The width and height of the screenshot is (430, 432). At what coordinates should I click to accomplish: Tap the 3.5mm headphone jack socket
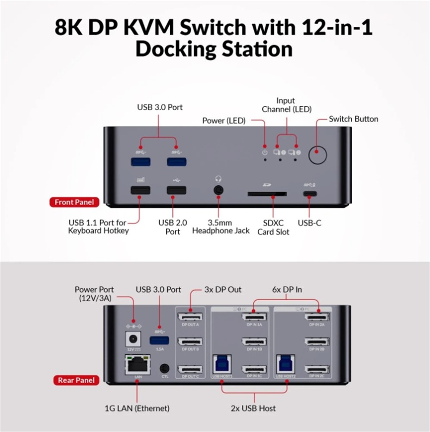pos(218,191)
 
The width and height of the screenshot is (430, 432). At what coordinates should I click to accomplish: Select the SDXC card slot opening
pos(267,194)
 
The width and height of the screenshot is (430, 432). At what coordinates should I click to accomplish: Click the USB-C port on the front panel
pos(308,194)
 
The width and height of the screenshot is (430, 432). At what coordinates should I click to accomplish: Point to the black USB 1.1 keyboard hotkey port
pos(140,190)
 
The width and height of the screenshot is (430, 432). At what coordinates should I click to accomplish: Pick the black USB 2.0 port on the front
pos(177,190)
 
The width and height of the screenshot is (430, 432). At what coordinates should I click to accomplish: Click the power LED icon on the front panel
pos(265,152)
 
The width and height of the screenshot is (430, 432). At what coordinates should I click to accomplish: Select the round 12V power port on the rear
pos(133,338)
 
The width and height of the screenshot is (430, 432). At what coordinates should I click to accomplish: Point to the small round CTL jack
pos(164,368)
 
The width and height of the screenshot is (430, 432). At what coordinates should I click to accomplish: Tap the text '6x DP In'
pos(286,289)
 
